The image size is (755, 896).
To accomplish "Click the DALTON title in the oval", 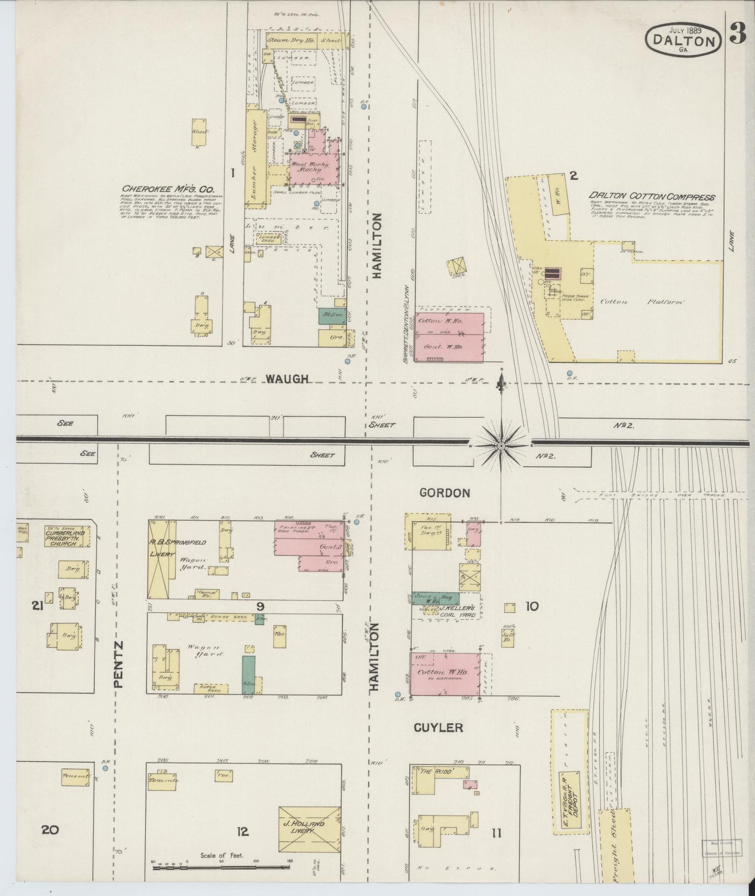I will pos(685,41).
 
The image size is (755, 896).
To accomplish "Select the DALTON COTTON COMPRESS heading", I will pos(652,198).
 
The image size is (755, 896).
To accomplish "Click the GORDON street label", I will pos(444,493).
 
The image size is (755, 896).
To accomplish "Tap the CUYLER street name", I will pos(438,728).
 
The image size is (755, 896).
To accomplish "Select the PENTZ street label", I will pos(118,664).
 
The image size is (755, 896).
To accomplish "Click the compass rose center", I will pos(501,446).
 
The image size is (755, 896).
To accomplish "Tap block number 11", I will pos(496,833).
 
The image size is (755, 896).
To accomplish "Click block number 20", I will pos(51,830).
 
